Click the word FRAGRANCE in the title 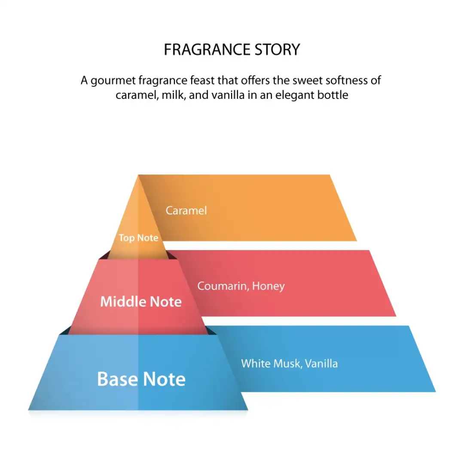[205, 50]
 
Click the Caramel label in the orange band [186, 210]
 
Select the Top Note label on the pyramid [138, 238]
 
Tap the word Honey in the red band [269, 286]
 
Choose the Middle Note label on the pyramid [141, 302]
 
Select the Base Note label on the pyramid [141, 379]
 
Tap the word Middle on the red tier [121, 302]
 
